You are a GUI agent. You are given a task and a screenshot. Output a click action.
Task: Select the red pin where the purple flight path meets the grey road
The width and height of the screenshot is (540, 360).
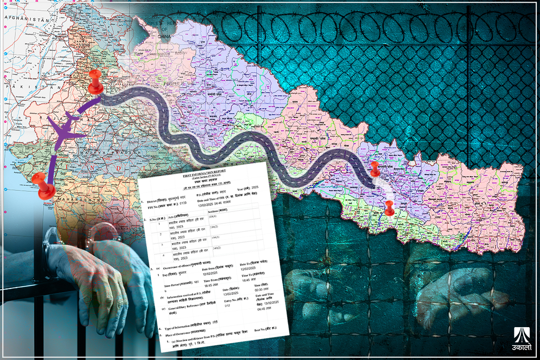(95, 81)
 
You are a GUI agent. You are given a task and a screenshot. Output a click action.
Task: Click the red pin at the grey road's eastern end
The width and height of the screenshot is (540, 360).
(374, 169)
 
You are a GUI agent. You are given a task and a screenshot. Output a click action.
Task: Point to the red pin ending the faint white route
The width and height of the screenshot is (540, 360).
(389, 207)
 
